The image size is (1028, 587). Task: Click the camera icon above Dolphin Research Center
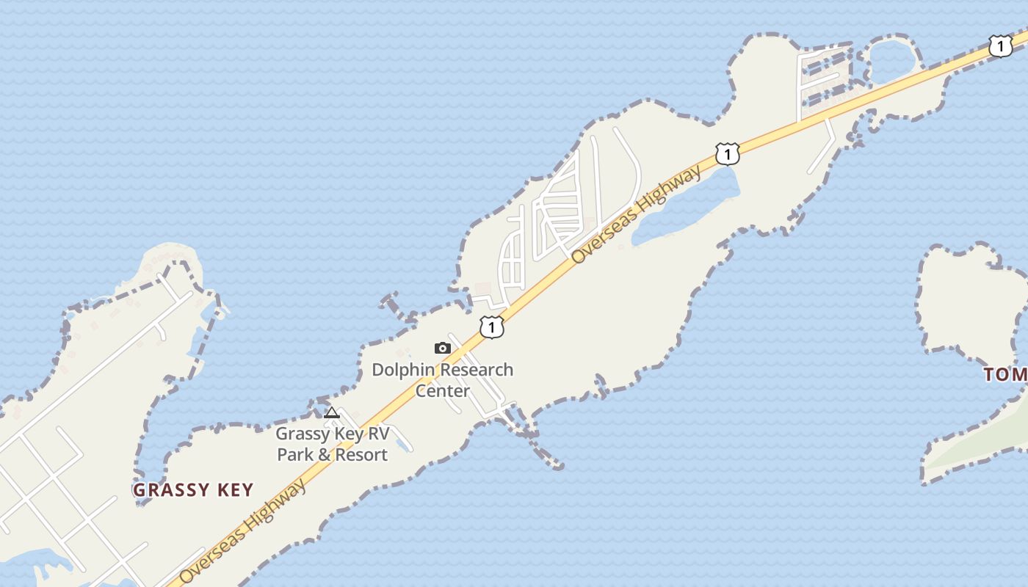tap(442, 349)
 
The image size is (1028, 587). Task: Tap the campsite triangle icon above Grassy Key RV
tap(332, 412)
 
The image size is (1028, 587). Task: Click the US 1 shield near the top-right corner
tap(1000, 45)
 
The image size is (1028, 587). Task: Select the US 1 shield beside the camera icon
tap(492, 327)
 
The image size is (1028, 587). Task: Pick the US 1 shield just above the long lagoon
tap(727, 154)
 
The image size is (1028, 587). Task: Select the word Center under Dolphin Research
tap(442, 390)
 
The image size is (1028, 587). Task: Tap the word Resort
tap(359, 455)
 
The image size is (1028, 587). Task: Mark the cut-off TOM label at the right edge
tap(1006, 375)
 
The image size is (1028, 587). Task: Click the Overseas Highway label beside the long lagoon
tap(636, 215)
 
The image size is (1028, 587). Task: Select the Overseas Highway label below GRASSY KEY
tap(242, 532)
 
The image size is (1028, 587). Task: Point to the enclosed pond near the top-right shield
tap(890, 59)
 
